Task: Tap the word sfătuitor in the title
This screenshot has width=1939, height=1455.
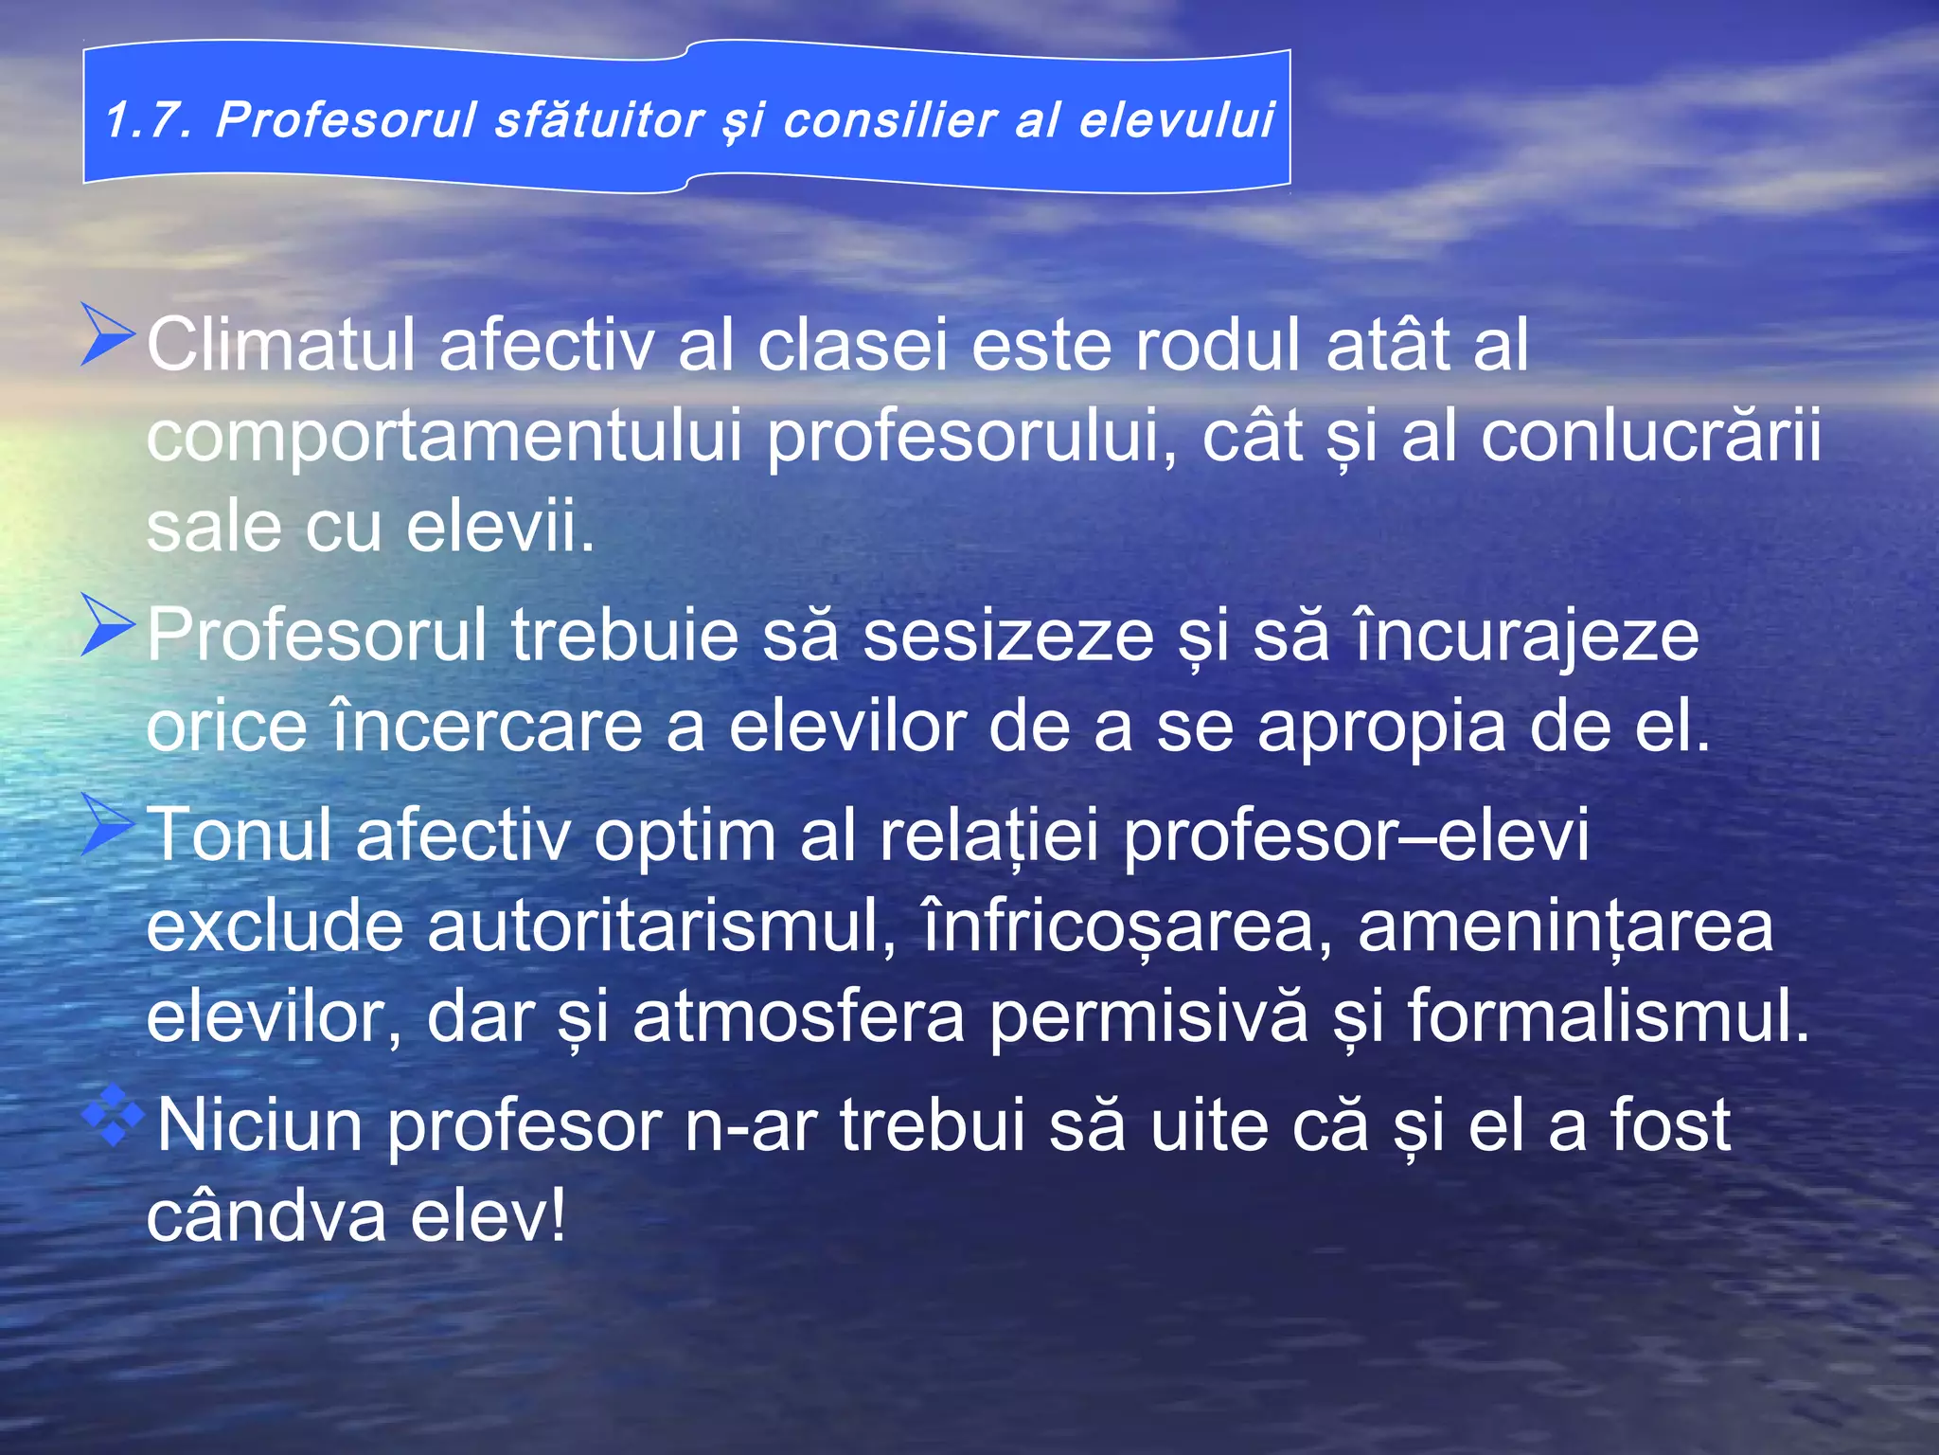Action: tap(598, 120)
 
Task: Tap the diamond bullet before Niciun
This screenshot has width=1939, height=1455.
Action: tap(112, 1116)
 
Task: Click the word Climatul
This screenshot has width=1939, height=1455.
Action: tap(280, 344)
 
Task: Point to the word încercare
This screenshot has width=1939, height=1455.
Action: tap(487, 727)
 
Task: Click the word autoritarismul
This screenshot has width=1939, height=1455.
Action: tap(661, 925)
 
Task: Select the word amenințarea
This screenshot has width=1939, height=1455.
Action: tap(1564, 925)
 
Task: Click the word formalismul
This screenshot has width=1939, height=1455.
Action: tap(1608, 1016)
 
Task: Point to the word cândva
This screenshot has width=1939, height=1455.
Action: tap(266, 1216)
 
